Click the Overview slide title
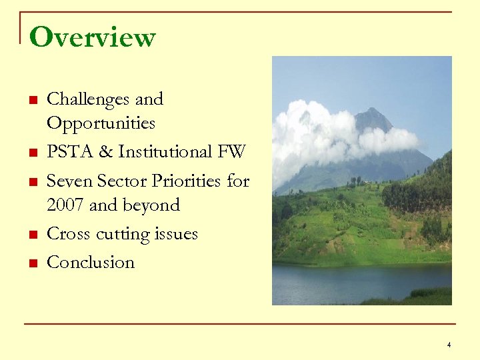[x=92, y=37]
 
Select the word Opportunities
[x=101, y=123]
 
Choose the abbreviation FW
[x=231, y=152]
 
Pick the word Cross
[x=69, y=234]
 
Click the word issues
[x=175, y=234]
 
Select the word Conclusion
[x=91, y=263]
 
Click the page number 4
[x=449, y=345]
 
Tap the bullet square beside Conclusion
[x=31, y=263]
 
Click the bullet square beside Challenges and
[x=31, y=101]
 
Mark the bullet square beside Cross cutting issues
[x=31, y=235]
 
